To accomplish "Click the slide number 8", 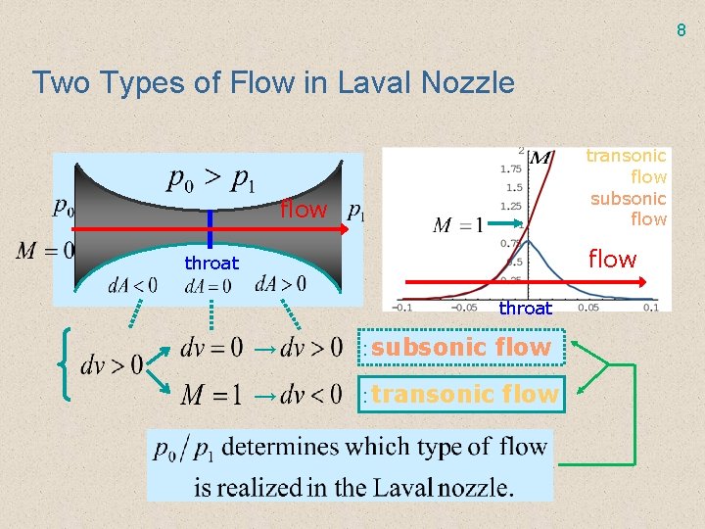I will click(681, 30).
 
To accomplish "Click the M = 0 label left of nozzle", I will click(45, 250).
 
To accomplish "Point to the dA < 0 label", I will click(132, 286).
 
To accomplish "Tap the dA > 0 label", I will click(280, 284).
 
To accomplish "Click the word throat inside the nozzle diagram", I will click(211, 263).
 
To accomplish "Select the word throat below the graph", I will click(526, 308).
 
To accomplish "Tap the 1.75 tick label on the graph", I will click(510, 168).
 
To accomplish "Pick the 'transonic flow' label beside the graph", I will click(627, 166).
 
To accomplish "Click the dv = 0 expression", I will click(211, 347).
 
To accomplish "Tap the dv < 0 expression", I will click(311, 395).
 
